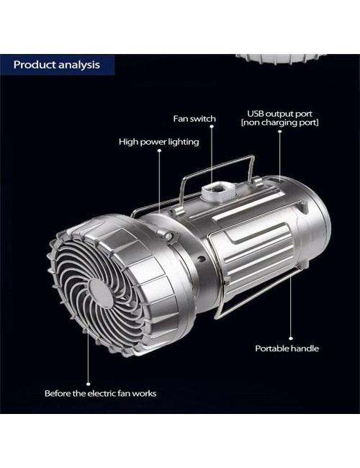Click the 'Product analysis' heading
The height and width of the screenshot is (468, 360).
(x=57, y=65)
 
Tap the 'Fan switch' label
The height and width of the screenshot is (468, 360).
(x=194, y=119)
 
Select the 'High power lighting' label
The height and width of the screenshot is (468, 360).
(x=159, y=141)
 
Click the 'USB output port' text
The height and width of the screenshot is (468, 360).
(x=279, y=114)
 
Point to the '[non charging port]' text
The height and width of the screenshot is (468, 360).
(x=279, y=122)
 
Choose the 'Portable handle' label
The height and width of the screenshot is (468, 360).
(x=287, y=348)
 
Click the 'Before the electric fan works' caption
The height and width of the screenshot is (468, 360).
(x=100, y=393)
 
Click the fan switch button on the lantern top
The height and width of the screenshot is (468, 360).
(x=217, y=189)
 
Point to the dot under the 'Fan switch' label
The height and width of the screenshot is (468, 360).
(x=212, y=126)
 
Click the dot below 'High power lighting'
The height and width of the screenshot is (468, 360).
(x=159, y=150)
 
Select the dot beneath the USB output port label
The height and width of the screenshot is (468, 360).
(x=279, y=131)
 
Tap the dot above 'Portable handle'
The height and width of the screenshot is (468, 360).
(x=291, y=338)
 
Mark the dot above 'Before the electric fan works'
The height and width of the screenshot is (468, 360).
(x=89, y=384)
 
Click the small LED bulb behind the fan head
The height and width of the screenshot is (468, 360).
(x=168, y=237)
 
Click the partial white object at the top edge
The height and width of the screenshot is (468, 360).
(x=281, y=59)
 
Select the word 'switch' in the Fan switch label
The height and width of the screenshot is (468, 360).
(x=203, y=119)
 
